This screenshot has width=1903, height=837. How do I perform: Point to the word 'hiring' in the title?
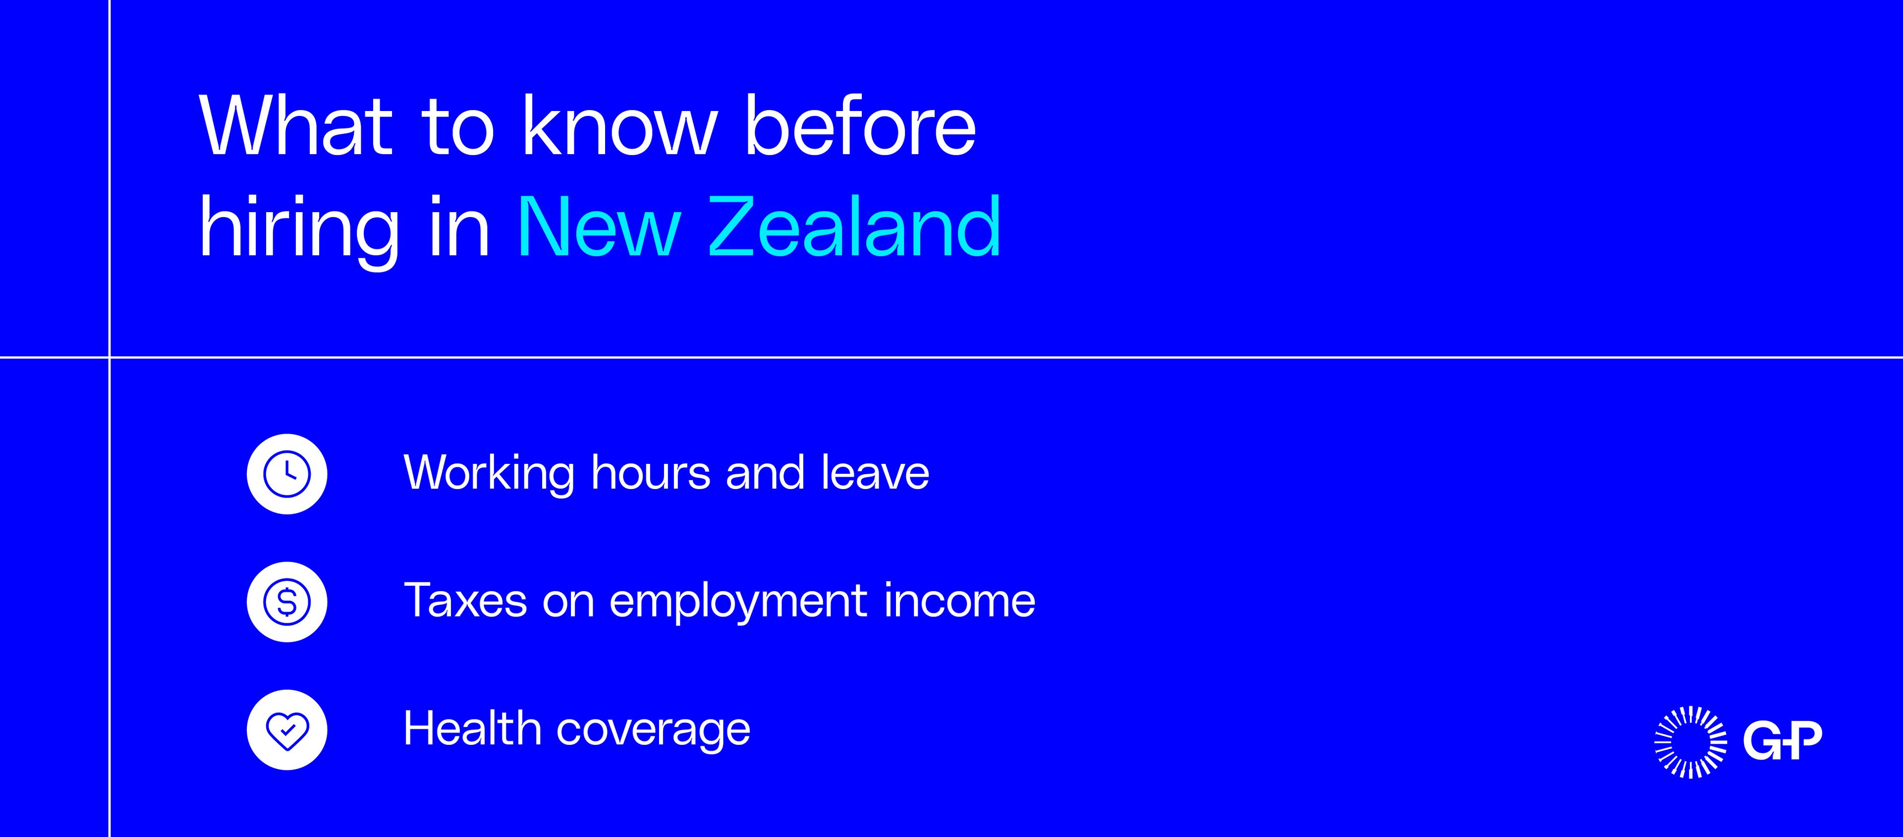point(299,229)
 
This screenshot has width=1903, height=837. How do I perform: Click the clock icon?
point(286,474)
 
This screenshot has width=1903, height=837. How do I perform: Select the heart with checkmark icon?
point(286,730)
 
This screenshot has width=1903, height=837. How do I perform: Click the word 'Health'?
point(472,728)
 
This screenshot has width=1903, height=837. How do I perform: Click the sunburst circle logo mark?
point(1690,742)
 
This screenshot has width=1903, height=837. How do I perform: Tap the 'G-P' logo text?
point(1783,741)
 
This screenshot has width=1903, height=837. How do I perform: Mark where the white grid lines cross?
point(110,358)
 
